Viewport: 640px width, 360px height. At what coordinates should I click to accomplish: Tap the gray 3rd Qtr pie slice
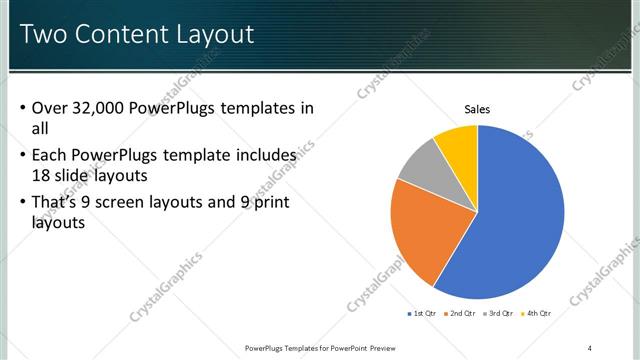point(420,164)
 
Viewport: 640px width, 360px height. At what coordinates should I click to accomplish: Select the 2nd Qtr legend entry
point(460,314)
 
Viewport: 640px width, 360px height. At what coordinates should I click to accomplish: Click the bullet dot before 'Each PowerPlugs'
point(23,156)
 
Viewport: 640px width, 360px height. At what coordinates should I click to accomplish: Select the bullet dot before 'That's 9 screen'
point(23,204)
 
